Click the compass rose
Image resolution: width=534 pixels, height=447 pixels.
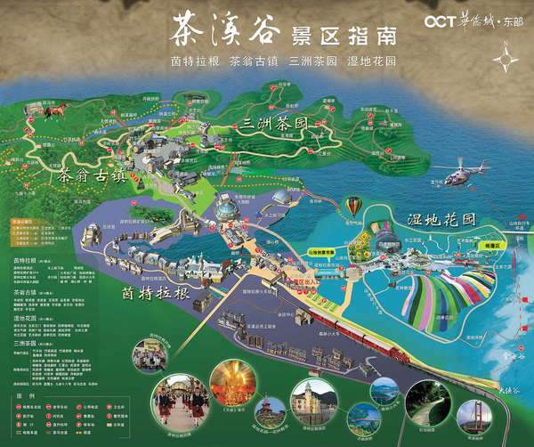point(508,62)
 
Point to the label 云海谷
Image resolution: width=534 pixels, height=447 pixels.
point(514,329)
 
